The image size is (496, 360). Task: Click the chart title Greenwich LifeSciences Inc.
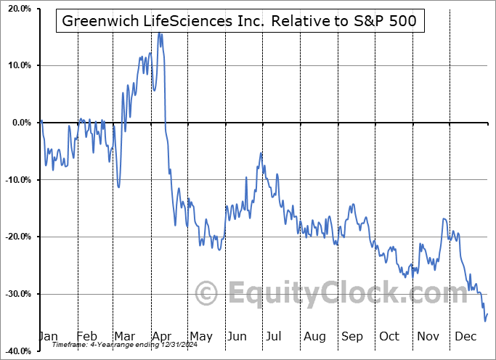[240, 22]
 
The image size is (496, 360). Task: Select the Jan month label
[47, 336]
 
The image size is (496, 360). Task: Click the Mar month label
[124, 336]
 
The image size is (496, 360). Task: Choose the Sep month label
[352, 336]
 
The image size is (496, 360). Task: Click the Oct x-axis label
[389, 336]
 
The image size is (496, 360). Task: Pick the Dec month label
[465, 336]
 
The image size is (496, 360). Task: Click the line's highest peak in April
[159, 33]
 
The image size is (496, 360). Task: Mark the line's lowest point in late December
[484, 320]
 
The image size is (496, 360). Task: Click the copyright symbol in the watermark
[207, 293]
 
